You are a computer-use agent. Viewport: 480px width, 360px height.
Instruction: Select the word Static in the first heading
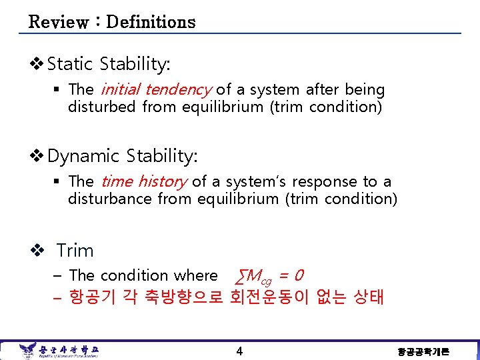tap(70, 65)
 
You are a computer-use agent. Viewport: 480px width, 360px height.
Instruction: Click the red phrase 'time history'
tap(143, 181)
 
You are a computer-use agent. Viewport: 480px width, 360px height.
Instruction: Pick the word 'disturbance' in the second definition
tap(110, 199)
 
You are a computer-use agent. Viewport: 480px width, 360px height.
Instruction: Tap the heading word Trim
tap(75, 251)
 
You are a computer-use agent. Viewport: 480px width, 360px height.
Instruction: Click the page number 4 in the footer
tap(239, 351)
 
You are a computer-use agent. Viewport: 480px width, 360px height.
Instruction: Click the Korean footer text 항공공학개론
tap(423, 351)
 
